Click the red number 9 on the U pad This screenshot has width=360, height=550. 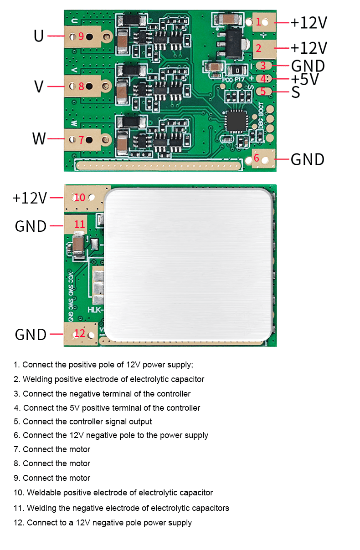click(x=81, y=36)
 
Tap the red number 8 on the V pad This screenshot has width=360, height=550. click(x=81, y=86)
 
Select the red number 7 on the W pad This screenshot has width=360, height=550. click(x=81, y=140)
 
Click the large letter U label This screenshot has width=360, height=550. click(x=39, y=36)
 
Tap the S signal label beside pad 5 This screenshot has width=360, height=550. click(x=296, y=92)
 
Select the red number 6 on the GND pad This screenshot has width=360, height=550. click(x=257, y=158)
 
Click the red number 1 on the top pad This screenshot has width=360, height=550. click(x=258, y=21)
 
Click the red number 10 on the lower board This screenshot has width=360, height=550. click(x=80, y=198)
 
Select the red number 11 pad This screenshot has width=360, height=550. click(x=79, y=224)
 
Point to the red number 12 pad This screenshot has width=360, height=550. click(x=79, y=333)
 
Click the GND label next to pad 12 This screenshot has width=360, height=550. click(x=31, y=335)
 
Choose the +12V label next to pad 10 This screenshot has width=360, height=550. click(x=30, y=198)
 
